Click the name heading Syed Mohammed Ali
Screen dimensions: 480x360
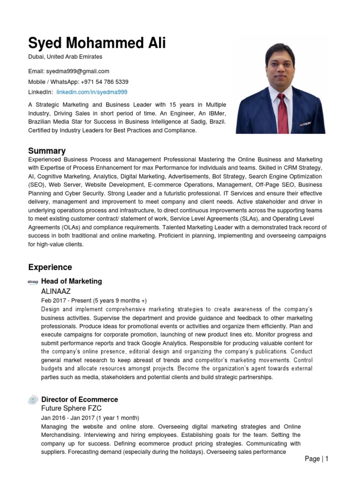(97, 43)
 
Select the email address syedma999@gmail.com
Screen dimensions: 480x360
(77, 71)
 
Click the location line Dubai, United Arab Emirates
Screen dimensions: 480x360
(65, 57)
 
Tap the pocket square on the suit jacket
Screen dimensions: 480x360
(306, 124)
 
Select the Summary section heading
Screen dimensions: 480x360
(47, 151)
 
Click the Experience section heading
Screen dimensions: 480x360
(50, 267)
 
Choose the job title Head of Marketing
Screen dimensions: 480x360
(71, 281)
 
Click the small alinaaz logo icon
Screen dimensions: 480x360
(33, 281)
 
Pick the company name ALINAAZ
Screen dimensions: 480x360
(56, 291)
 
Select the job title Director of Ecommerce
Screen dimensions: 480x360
(80, 399)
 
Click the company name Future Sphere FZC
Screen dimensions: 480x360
(71, 408)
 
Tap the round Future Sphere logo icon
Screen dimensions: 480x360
(33, 400)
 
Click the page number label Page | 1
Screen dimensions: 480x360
(316, 459)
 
